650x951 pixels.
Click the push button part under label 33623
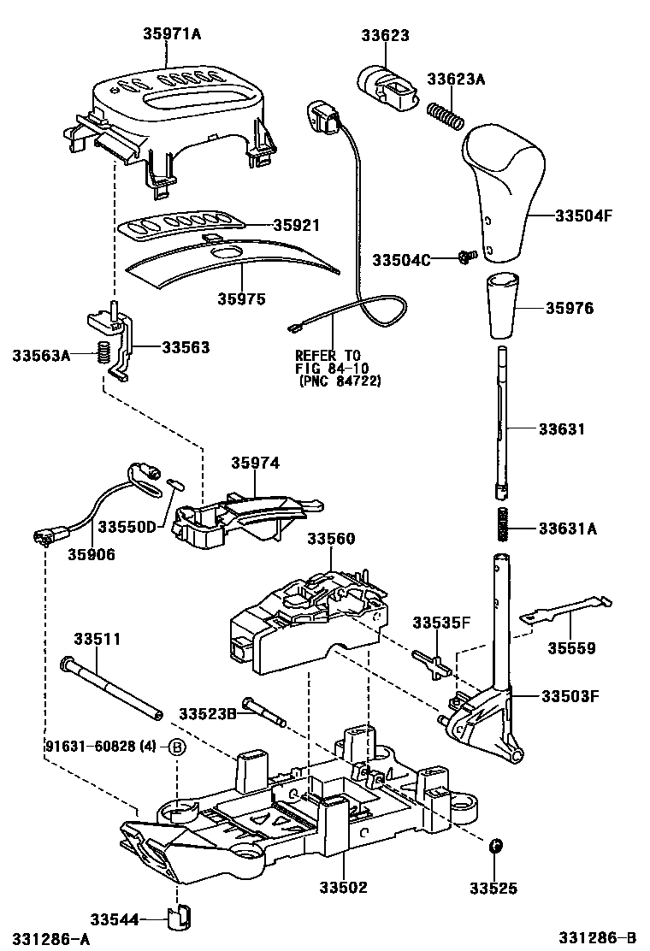point(384,85)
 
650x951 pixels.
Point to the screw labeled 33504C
point(467,256)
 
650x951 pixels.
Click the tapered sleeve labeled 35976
point(503,306)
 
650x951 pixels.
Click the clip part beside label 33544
point(180,918)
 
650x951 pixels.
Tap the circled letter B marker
point(176,746)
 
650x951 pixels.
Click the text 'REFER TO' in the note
point(328,355)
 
